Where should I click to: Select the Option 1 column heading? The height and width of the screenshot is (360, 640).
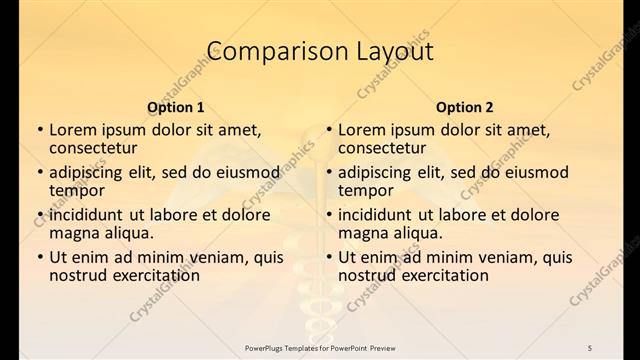(175, 107)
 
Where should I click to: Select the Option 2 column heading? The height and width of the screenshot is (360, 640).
(464, 107)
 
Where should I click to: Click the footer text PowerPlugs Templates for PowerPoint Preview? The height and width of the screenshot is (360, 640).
(319, 346)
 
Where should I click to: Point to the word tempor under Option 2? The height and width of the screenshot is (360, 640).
(363, 190)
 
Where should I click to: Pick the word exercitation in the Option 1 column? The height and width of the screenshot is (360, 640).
(151, 275)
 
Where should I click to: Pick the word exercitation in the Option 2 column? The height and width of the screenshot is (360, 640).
(440, 275)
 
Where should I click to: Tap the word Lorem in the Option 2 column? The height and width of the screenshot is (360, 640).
(362, 129)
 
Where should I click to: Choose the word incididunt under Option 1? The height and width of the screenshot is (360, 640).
(91, 214)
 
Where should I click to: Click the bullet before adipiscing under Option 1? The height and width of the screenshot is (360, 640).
(40, 172)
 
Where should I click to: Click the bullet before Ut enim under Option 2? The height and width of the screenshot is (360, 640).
(329, 257)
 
